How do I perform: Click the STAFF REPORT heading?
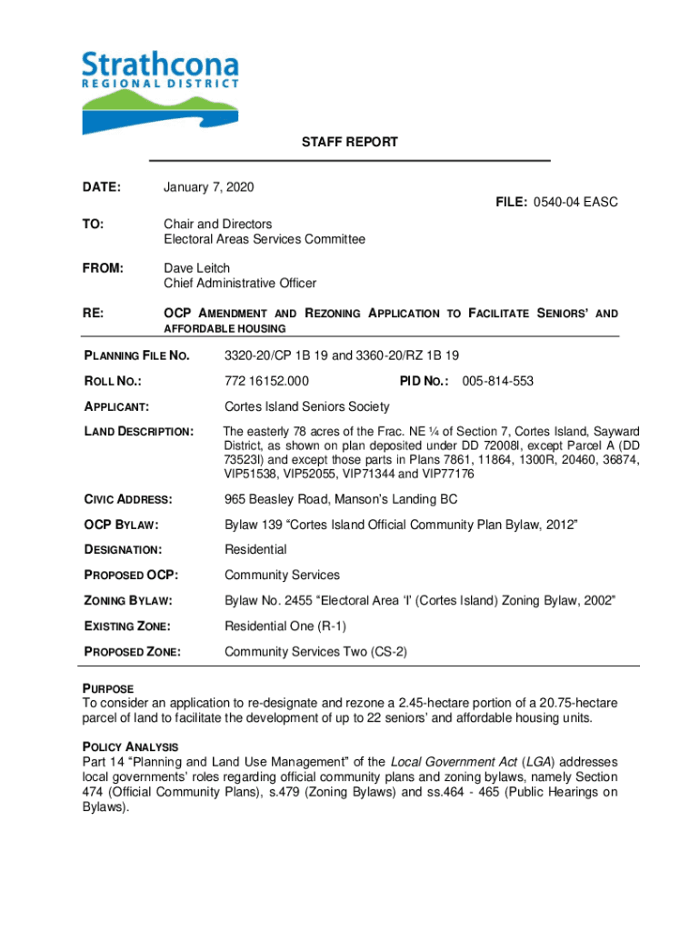click(x=350, y=143)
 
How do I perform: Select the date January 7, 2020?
click(x=208, y=187)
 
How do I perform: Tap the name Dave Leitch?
click(x=196, y=268)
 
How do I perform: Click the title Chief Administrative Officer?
click(x=240, y=284)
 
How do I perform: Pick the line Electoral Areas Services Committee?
click(x=265, y=239)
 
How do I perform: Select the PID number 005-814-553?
click(x=498, y=381)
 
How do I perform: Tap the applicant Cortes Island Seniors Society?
click(x=306, y=406)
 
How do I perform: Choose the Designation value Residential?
click(x=255, y=549)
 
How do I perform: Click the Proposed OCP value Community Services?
click(x=282, y=575)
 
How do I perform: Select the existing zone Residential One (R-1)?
click(x=285, y=626)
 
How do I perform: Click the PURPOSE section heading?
click(x=108, y=689)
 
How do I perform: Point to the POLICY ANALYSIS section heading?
click(x=131, y=747)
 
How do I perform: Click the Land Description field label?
click(x=138, y=432)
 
